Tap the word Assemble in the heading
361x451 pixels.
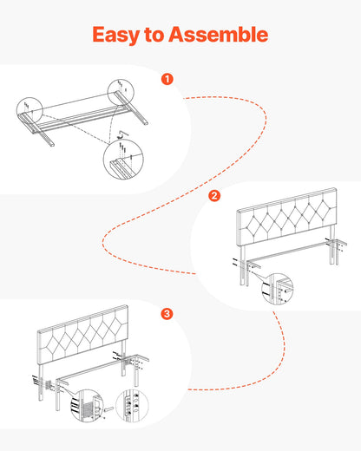click(x=219, y=35)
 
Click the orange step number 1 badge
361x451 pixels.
click(x=167, y=79)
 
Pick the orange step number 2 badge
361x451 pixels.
click(x=214, y=196)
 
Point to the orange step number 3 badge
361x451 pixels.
click(x=167, y=314)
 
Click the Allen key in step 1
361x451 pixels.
click(x=123, y=134)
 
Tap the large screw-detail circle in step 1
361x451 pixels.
click(x=123, y=160)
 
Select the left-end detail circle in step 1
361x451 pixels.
click(x=30, y=110)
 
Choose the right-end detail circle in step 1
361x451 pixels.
click(x=121, y=92)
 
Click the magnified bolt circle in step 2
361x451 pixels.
click(x=277, y=289)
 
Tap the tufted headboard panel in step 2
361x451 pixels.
click(x=287, y=218)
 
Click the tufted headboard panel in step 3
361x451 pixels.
click(x=83, y=333)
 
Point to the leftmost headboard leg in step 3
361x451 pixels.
click(x=41, y=382)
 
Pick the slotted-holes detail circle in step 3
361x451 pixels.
click(x=132, y=405)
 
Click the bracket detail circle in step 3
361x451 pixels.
click(x=87, y=405)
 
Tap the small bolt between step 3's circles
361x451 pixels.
click(x=109, y=409)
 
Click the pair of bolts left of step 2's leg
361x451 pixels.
click(x=235, y=262)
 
